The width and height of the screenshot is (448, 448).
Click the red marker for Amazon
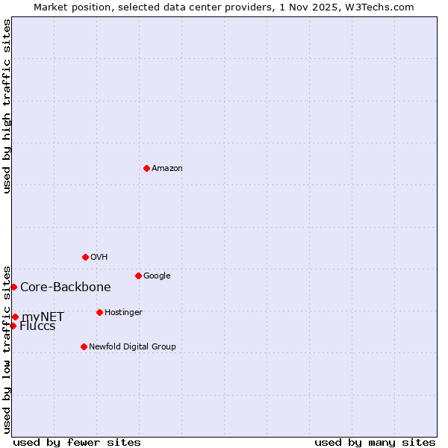pos(146,168)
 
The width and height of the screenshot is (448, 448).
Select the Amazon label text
pos(167,169)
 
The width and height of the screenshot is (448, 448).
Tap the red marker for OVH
pos(85,257)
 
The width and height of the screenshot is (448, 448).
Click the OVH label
pos(99,258)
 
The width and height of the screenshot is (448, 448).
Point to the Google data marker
pos(138,276)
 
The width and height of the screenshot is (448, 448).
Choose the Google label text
pos(157,276)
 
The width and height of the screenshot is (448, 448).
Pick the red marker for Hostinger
pos(99,312)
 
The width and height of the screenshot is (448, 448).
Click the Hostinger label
pos(123,313)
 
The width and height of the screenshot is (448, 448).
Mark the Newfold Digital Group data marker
pos(84,346)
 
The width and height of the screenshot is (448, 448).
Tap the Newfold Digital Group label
pos(132,347)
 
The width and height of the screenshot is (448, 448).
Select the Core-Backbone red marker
pos(13,287)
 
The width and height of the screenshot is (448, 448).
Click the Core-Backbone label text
pos(66,287)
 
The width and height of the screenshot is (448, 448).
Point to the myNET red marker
pos(15,317)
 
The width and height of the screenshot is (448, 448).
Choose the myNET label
pos(43,317)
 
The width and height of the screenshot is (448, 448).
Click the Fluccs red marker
pos(13,326)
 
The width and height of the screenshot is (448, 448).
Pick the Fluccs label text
pos(37,326)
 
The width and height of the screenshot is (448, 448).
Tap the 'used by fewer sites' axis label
pos(77,443)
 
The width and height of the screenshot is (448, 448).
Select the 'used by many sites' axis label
pos(375,443)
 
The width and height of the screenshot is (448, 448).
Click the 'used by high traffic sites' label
pos(7,106)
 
